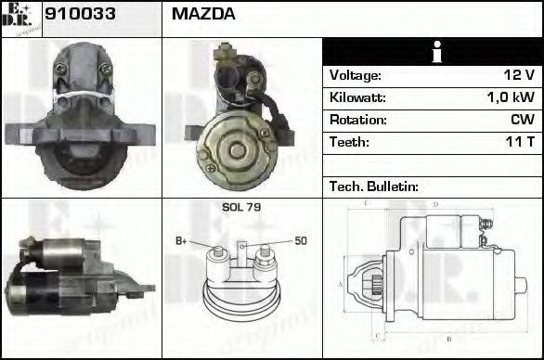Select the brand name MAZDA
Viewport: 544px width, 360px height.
point(203,15)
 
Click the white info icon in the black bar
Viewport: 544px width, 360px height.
point(432,51)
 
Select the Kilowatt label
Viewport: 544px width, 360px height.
point(357,97)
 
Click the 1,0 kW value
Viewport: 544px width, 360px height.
point(511,97)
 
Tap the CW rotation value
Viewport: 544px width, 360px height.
point(522,120)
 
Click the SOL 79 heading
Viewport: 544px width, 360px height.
point(241,207)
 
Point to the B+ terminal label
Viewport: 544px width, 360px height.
point(182,241)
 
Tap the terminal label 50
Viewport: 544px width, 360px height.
point(301,241)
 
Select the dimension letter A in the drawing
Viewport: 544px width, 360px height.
point(341,283)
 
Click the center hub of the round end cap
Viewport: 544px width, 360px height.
point(235,148)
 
